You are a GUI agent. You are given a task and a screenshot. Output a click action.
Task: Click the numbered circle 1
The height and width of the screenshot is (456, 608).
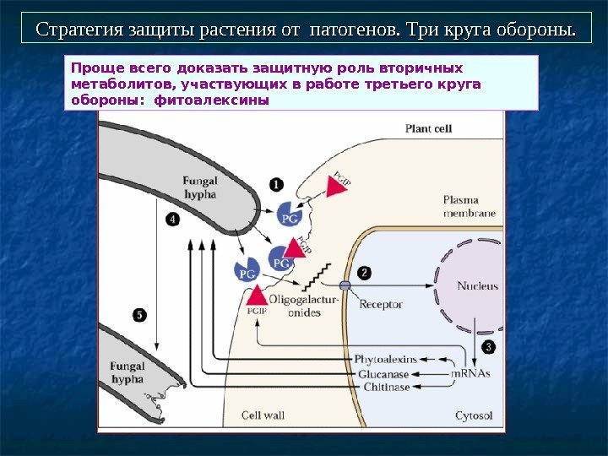[x=277, y=183]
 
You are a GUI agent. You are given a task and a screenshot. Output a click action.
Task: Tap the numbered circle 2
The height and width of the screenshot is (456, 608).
[x=364, y=273]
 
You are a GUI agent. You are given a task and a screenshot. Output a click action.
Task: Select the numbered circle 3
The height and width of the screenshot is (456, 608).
[x=488, y=346]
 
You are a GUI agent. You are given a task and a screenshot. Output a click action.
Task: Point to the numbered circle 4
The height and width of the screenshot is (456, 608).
[x=173, y=219]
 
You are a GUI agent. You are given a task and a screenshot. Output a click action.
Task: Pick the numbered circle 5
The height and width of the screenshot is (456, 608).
[x=139, y=314]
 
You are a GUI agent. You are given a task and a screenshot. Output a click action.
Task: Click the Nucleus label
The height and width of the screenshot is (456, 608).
[x=478, y=285]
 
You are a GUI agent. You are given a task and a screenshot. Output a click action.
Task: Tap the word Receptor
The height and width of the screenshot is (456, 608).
[x=381, y=304]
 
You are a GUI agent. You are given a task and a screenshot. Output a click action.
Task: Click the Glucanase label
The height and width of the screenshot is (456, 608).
[x=383, y=373]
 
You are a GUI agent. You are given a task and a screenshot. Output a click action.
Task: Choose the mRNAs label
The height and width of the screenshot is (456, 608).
[x=470, y=373]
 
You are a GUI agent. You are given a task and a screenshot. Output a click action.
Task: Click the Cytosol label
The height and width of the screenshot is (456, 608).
[x=474, y=415]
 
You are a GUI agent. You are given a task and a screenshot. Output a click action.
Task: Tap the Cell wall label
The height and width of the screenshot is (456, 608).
[x=263, y=415]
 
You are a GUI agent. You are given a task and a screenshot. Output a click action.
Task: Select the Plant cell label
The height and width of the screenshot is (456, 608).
[x=429, y=129]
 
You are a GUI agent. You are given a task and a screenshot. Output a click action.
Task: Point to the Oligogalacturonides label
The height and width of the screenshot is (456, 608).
[x=304, y=306]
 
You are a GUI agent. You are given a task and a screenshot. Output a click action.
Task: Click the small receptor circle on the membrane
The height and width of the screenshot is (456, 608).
[x=345, y=285]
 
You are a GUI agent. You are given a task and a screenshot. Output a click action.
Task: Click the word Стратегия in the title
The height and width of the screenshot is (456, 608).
[x=76, y=30]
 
